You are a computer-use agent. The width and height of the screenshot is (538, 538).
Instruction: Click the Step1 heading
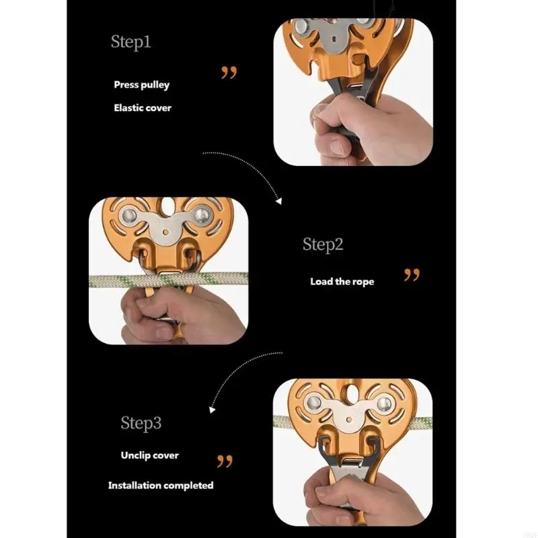(x=130, y=42)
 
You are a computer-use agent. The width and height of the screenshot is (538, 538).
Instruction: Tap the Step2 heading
(x=323, y=245)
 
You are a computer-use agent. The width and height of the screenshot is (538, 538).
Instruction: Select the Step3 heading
(x=141, y=423)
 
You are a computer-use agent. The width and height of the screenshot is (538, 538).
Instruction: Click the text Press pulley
(x=142, y=85)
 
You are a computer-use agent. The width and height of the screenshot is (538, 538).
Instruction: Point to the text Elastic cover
(x=143, y=108)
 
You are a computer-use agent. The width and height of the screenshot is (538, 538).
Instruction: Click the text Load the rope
(x=342, y=282)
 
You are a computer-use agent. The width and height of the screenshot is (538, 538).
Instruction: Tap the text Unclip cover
(x=150, y=455)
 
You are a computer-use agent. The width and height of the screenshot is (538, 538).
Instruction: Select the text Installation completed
(x=161, y=486)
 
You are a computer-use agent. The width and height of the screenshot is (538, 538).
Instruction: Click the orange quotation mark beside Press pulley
(x=229, y=73)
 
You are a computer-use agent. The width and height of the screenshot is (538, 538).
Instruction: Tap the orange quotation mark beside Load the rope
(x=412, y=275)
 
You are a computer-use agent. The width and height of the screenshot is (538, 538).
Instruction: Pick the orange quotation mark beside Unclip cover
(x=225, y=461)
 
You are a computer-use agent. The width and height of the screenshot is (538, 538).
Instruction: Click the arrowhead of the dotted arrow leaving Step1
(x=279, y=201)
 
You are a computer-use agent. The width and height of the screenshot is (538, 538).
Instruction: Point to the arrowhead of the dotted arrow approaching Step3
(x=212, y=410)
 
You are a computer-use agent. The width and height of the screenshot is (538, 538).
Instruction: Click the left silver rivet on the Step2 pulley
(x=129, y=216)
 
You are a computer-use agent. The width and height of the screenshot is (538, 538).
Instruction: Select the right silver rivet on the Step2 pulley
(x=202, y=215)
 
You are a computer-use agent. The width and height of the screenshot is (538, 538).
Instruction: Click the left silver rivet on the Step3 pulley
(x=313, y=403)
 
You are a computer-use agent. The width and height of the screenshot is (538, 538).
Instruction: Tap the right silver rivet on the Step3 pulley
(x=384, y=403)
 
